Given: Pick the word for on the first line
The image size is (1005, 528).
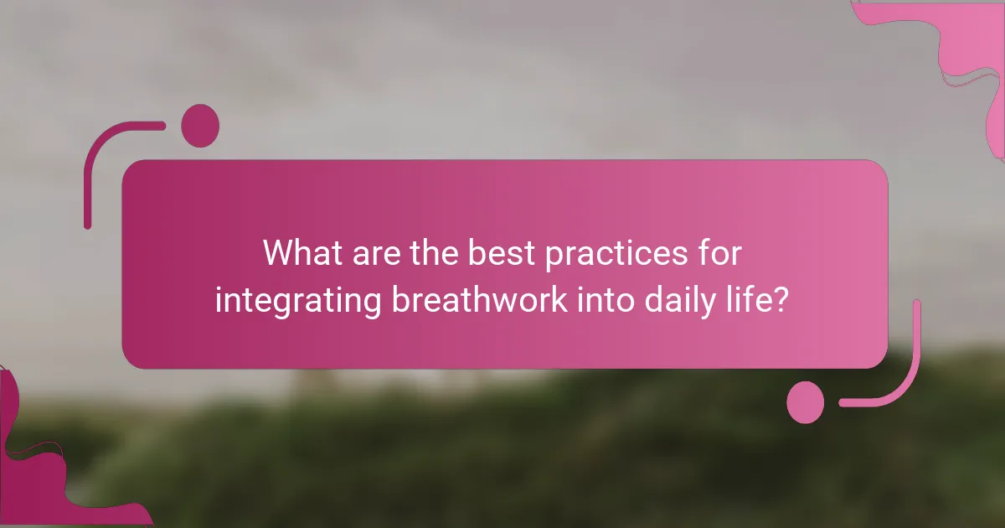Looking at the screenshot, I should click(718, 253).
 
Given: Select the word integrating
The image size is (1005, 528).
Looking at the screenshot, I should click(297, 300).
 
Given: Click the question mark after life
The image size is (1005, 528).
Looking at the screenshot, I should click(781, 300).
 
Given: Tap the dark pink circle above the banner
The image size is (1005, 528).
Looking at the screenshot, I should click(200, 126).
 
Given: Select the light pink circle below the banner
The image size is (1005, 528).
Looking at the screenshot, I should click(806, 401).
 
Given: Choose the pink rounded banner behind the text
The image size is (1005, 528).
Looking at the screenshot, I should click(502, 193).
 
